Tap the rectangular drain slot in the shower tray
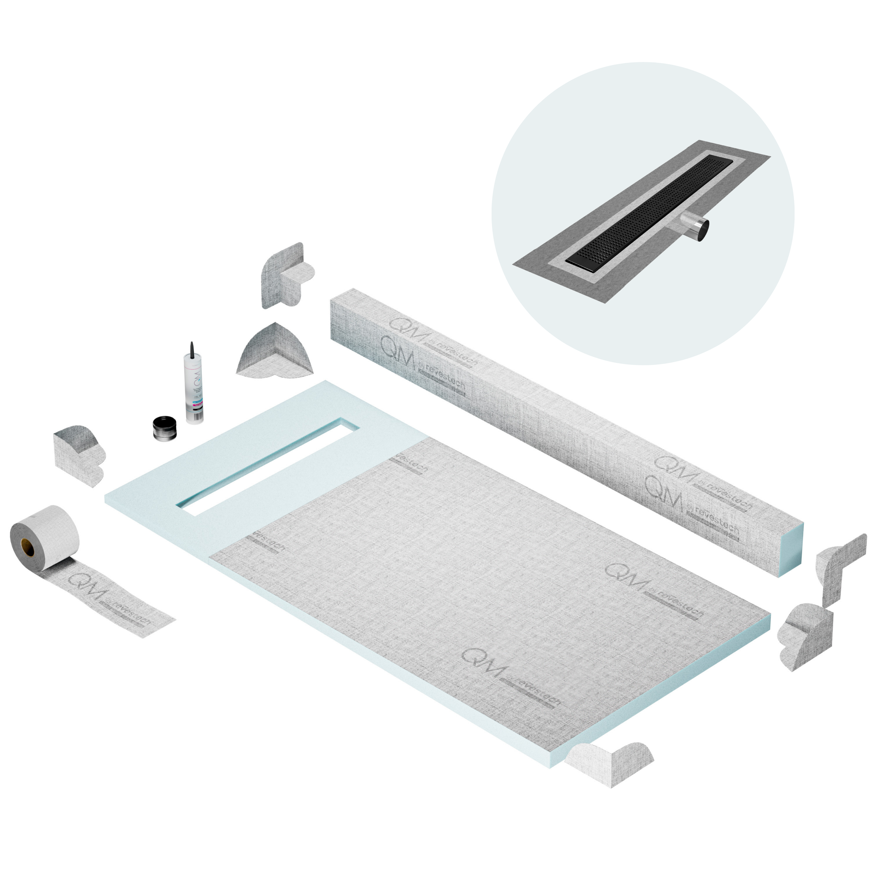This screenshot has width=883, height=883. coord(267,466)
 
